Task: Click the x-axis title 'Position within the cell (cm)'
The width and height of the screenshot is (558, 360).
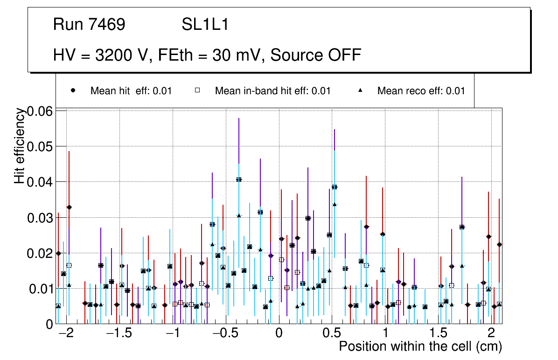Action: [420, 346]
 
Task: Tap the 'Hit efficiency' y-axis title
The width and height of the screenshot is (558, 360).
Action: [19, 146]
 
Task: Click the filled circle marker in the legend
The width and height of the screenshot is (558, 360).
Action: [73, 90]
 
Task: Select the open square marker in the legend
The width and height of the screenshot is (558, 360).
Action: [197, 90]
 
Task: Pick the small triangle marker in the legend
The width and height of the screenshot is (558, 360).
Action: [360, 90]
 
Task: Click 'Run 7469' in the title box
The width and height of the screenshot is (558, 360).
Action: [89, 25]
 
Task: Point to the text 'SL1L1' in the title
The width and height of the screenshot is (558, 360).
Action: [205, 25]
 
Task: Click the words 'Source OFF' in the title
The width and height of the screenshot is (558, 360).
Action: [316, 55]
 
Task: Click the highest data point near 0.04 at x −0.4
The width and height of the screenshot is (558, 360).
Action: [239, 179]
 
